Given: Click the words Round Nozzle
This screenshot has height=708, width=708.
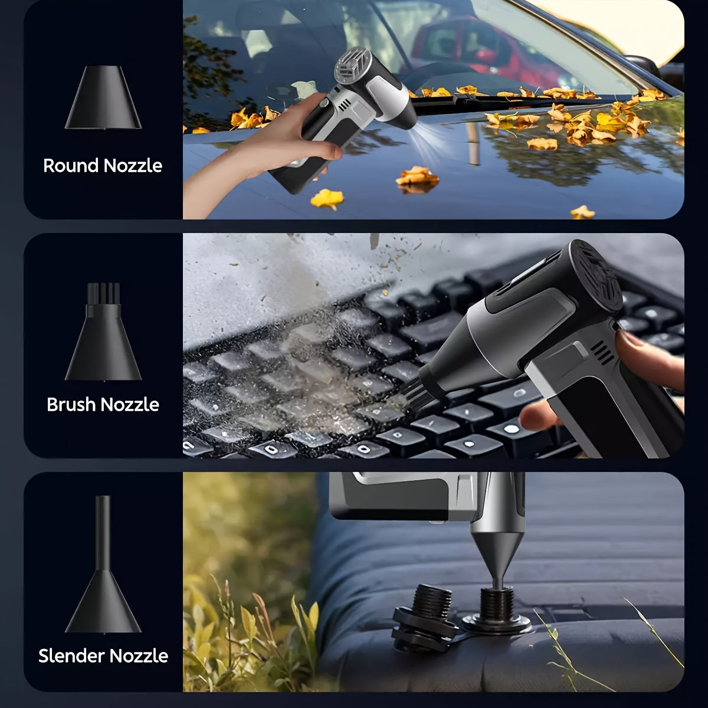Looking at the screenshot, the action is [103, 166].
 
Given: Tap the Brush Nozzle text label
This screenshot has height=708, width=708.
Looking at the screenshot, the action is [103, 405].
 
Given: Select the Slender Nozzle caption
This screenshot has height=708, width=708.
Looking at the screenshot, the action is [103, 656].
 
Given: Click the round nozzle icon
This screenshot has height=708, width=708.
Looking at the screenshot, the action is [103, 97].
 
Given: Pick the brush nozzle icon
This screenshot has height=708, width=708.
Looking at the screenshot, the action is [103, 332].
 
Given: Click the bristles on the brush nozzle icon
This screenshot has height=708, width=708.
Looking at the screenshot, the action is [103, 293].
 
